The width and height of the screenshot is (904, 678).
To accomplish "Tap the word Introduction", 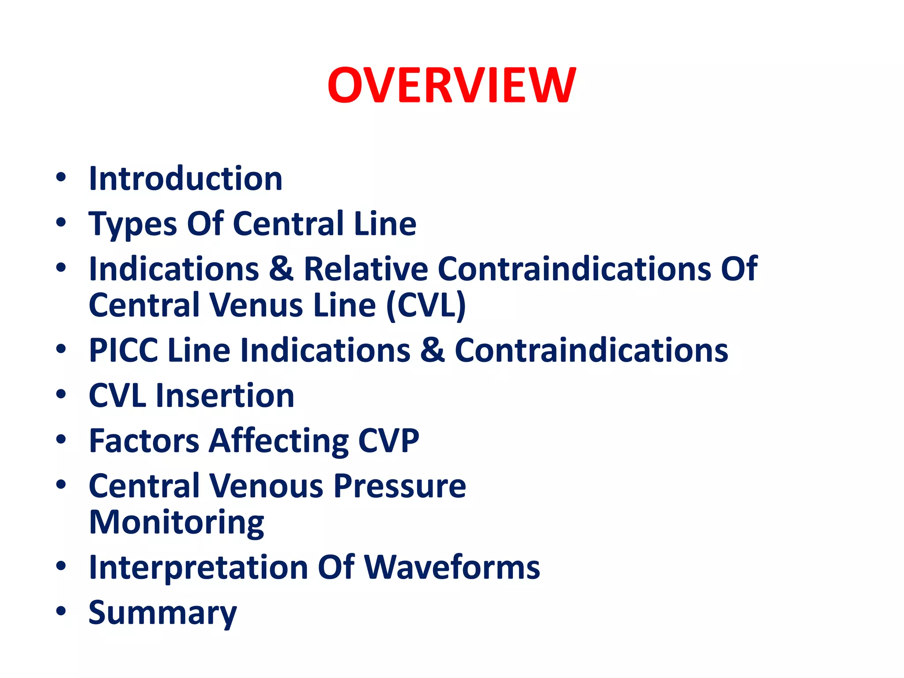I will pos(185,179).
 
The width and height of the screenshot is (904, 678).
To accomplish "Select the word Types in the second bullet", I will pos(132,224).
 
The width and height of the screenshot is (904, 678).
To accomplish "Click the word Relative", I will pos(365,269).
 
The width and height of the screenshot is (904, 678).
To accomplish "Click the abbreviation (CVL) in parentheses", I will pos(426,305).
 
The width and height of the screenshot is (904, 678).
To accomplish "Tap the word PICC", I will pos(123,350).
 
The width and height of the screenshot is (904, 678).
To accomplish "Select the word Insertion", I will pos(225,395).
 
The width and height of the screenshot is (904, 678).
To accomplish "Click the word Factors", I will pos(144,441).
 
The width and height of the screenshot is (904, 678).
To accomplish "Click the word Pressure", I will pos(399,486).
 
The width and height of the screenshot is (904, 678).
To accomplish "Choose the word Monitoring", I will pos(177,523).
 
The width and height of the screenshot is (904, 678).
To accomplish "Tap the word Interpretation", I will pos(198,568).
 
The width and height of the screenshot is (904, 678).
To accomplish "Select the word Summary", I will pos(162,613).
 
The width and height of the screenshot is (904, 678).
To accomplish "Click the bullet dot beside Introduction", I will pos(61,177).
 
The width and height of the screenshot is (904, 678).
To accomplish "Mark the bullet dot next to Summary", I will pos(61,611).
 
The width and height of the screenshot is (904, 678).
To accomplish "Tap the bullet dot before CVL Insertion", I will pos(61,394).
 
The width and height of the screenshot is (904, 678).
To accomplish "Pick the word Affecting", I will pos(279,441).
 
